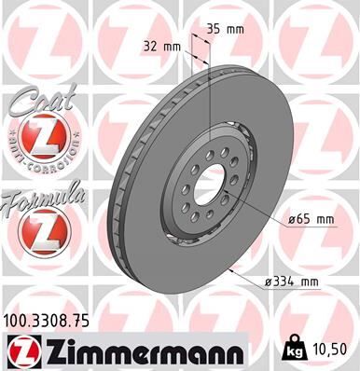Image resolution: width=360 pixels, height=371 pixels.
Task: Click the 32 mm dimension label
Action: pos(161,46)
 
